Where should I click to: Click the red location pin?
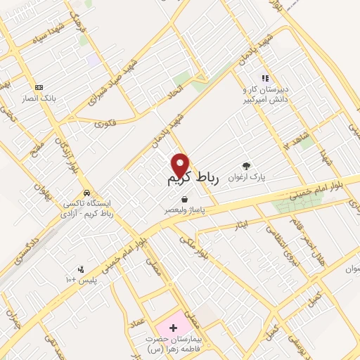pyautogui.click(x=181, y=165)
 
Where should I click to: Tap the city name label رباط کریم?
pyautogui.click(x=193, y=180)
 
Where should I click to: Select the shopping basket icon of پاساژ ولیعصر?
pyautogui.click(x=184, y=199)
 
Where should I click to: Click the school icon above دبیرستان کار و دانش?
pyautogui.click(x=264, y=78)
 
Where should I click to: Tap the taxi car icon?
pyautogui.click(x=86, y=193)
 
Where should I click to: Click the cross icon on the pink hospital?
pyautogui.click(x=173, y=328)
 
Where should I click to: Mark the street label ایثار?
pyautogui.click(x=241, y=226)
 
